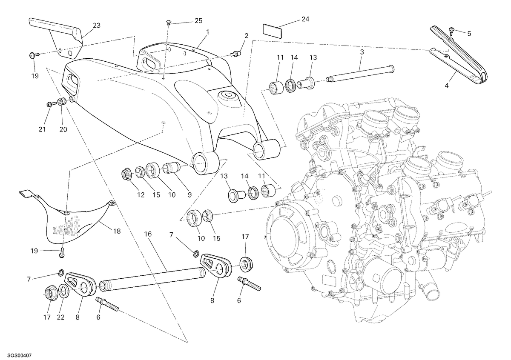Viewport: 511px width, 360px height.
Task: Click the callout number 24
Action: pyautogui.click(x=305, y=20)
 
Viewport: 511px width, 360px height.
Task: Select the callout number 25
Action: pyautogui.click(x=198, y=21)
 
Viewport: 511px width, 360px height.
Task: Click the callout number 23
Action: pyautogui.click(x=97, y=26)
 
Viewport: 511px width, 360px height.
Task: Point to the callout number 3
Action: pyautogui.click(x=362, y=52)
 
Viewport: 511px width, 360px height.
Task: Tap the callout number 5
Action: pyautogui.click(x=469, y=34)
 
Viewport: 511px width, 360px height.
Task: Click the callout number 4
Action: pyautogui.click(x=447, y=86)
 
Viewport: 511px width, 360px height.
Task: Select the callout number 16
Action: pyautogui.click(x=148, y=234)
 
